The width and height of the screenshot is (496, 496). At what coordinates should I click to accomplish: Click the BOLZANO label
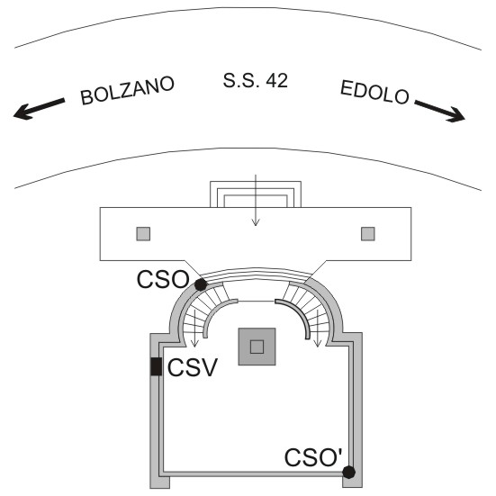click(x=127, y=90)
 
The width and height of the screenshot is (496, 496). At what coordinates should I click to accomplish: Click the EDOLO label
click(x=374, y=93)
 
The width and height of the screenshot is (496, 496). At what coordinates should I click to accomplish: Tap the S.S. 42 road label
click(x=256, y=80)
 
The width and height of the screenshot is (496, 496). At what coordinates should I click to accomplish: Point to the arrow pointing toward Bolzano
click(x=40, y=109)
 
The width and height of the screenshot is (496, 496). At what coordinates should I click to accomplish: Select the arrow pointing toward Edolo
click(x=440, y=112)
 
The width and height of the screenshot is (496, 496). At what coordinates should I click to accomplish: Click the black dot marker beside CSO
click(x=201, y=284)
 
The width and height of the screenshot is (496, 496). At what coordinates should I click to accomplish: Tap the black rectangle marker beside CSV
click(x=156, y=366)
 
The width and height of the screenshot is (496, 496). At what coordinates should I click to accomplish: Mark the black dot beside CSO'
click(x=349, y=473)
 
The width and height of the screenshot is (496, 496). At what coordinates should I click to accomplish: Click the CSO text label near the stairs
click(x=163, y=279)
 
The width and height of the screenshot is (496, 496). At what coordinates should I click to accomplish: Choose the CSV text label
click(x=193, y=367)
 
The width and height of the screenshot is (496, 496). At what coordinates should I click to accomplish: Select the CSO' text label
click(x=313, y=457)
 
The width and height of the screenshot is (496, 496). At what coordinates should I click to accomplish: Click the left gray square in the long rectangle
click(x=143, y=234)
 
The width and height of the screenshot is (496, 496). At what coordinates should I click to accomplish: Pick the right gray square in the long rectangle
click(x=368, y=234)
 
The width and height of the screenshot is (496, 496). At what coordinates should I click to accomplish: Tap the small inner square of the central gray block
click(x=257, y=347)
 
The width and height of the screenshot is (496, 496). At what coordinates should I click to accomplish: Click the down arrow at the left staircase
click(x=194, y=328)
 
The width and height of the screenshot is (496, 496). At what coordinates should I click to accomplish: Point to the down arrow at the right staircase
click(x=317, y=328)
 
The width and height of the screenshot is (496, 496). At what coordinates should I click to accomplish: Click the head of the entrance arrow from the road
click(x=256, y=222)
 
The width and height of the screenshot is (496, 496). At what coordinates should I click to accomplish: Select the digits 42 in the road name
click(x=276, y=81)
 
